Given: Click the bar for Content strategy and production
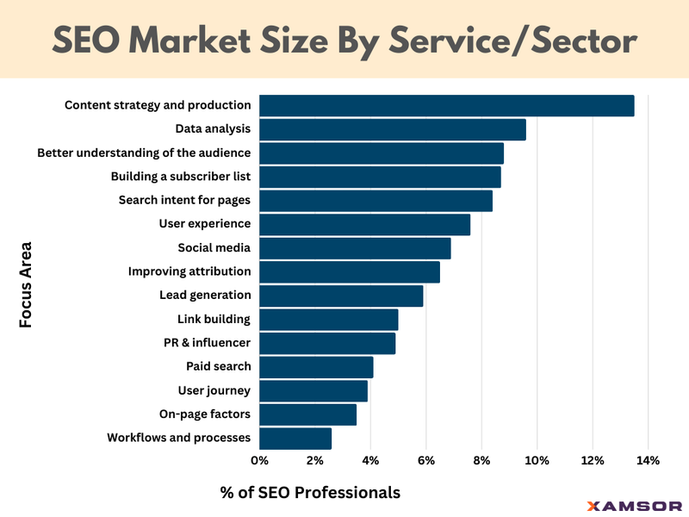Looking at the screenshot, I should (446, 105).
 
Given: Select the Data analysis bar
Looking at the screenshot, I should (392, 129).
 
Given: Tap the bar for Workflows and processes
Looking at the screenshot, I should (295, 438).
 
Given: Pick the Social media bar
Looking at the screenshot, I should (355, 248).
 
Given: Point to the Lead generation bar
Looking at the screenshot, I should (341, 296).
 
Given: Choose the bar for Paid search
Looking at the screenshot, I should (316, 367).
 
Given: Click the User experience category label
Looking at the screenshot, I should (205, 224).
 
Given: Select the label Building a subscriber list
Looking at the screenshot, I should (181, 177).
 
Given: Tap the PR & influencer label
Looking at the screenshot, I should (207, 343).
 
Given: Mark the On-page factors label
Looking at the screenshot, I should (205, 414).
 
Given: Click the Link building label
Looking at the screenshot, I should (214, 319).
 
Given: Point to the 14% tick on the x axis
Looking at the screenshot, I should (647, 460).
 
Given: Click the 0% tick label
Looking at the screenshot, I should (259, 460).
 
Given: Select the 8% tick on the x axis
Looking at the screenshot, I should (481, 460).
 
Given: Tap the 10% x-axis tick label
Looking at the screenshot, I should (537, 460).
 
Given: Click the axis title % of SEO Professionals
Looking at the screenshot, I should (311, 493).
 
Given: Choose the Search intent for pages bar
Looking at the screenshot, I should (376, 201).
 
